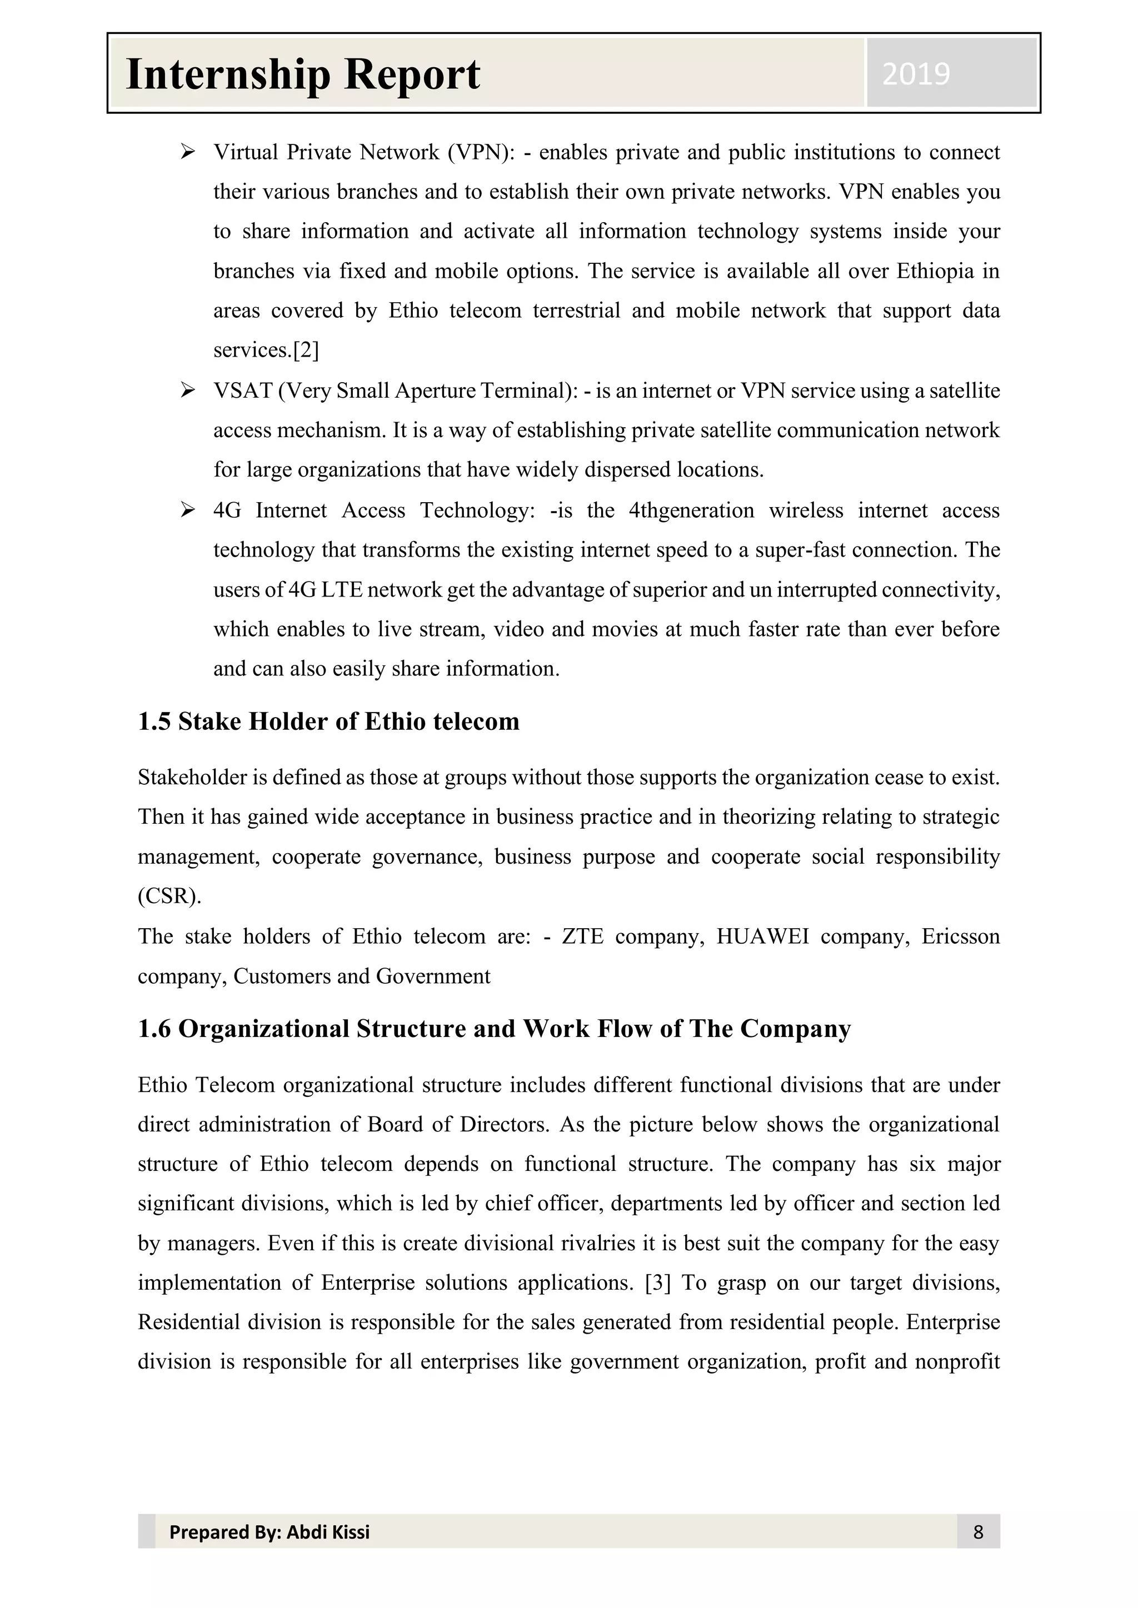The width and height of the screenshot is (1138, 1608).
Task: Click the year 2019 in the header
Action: coord(916,74)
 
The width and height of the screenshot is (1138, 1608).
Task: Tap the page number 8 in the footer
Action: coord(978,1532)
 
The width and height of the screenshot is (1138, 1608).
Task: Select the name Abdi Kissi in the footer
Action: coord(328,1532)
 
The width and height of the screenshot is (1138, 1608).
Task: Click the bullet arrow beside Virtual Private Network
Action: coord(187,151)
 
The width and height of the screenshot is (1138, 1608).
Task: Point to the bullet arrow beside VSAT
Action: coord(187,389)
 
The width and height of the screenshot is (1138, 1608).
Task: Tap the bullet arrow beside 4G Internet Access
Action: coord(187,510)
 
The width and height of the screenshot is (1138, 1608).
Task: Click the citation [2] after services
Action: coord(306,350)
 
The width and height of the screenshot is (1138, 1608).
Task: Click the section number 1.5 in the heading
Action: coord(154,722)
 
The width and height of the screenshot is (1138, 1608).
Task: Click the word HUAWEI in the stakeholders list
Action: coord(762,936)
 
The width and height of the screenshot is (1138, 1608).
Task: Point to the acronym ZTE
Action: coord(582,936)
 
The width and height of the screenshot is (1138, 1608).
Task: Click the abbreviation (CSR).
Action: coord(169,896)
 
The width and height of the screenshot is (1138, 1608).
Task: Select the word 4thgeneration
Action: coord(691,510)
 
